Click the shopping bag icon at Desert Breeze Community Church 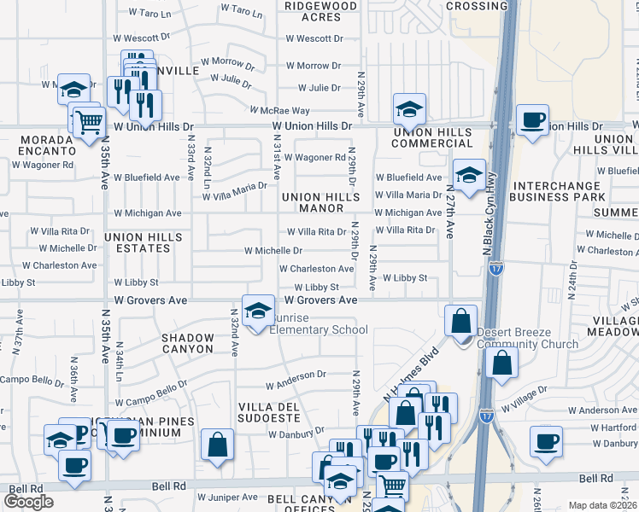460,322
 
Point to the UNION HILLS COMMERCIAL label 432,137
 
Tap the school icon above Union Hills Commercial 409,109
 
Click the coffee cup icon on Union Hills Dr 533,120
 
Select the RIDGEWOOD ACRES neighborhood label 320,11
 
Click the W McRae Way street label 279,110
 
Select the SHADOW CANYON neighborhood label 187,343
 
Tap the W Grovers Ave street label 320,300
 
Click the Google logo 29,502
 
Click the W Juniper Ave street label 227,497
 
